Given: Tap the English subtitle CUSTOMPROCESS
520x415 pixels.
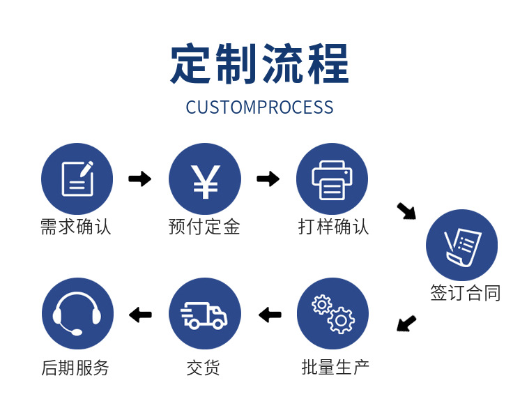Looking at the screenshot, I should (259, 107).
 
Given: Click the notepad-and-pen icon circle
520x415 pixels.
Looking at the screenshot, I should (77, 179).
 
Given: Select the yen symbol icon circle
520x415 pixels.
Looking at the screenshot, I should (205, 179).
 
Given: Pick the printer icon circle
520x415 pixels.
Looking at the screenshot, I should (332, 179).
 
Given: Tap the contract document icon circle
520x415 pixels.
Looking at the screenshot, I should (461, 246).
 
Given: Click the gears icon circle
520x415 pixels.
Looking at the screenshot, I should (332, 313).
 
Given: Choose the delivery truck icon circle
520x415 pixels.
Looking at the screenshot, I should (205, 313).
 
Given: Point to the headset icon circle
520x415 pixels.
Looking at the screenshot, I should (77, 313).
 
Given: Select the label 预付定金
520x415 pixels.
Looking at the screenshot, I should (204, 227).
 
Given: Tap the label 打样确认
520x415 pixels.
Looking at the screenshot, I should (333, 227).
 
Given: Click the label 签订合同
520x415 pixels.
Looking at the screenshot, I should (465, 293).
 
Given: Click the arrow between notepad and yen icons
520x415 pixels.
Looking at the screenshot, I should (140, 179).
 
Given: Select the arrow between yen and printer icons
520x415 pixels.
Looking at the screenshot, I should (268, 179).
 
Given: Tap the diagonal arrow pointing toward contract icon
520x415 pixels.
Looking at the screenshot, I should (406, 211).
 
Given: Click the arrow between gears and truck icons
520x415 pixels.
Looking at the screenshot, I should (270, 315).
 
